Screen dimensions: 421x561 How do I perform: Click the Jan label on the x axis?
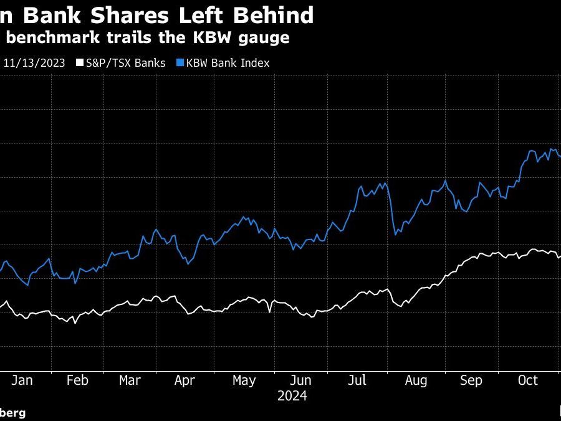22,380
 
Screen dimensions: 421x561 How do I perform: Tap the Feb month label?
78,380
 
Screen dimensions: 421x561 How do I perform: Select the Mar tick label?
130,380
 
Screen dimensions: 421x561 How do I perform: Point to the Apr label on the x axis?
185,380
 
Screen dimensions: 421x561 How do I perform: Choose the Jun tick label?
301,380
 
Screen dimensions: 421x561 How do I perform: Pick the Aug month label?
416,380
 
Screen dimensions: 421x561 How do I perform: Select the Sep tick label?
471,380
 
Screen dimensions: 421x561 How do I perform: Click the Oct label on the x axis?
527,380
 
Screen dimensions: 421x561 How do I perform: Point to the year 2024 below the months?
292,395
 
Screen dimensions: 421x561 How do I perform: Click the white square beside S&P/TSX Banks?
79,63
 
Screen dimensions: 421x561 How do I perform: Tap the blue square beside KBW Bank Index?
180,63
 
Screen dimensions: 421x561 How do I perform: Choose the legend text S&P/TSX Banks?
125,63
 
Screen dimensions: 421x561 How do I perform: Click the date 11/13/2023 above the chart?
35,63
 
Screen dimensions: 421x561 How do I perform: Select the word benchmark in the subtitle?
48,37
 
